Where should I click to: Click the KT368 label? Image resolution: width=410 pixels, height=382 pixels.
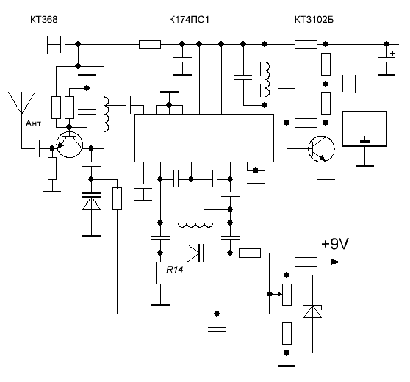(44, 20)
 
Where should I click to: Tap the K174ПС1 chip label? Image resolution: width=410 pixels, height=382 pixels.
(189, 20)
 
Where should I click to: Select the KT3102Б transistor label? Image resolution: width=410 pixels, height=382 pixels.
(314, 20)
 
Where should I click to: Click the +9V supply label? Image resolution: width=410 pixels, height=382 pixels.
(335, 244)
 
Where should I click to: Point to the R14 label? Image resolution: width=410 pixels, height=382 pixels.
(174, 270)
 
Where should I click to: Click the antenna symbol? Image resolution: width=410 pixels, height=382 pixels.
(22, 103)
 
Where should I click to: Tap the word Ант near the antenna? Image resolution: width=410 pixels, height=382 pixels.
(33, 123)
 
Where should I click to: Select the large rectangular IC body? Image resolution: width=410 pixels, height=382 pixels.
(204, 138)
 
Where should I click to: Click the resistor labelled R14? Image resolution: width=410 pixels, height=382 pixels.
(161, 273)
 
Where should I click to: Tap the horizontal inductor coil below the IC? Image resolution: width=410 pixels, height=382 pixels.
(195, 225)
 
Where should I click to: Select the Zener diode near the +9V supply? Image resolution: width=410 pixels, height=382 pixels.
(312, 311)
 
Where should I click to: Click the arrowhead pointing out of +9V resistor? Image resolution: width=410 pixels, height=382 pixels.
(335, 262)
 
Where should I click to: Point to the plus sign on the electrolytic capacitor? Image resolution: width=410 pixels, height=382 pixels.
(392, 54)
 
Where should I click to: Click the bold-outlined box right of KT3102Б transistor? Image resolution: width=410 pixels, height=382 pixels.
(364, 129)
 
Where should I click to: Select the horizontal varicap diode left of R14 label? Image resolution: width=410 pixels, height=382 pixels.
(195, 253)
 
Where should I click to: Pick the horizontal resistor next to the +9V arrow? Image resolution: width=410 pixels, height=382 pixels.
(306, 262)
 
